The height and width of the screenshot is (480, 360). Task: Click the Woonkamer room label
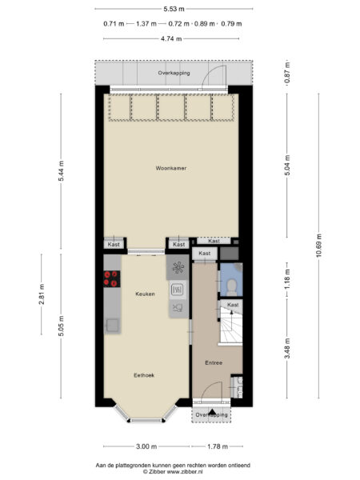pyautogui.click(x=171, y=168)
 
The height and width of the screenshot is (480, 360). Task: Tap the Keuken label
pyautogui.click(x=145, y=294)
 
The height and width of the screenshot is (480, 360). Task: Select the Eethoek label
pyautogui.click(x=144, y=375)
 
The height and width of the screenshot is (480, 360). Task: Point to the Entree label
pyautogui.click(x=214, y=362)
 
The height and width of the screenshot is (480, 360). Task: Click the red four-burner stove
pyautogui.click(x=112, y=278)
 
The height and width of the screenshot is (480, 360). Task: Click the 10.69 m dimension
pyautogui.click(x=319, y=246)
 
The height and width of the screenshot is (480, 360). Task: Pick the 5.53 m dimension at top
pyautogui.click(x=174, y=9)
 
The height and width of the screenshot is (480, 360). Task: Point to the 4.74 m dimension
pyautogui.click(x=171, y=39)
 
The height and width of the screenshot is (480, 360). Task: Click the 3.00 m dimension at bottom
pyautogui.click(x=146, y=446)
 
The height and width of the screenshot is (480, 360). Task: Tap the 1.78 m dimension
pyautogui.click(x=218, y=446)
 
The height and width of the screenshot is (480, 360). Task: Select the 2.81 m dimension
pyautogui.click(x=42, y=294)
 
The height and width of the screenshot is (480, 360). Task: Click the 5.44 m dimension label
pyautogui.click(x=62, y=171)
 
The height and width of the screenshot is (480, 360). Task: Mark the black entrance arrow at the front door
pyautogui.click(x=211, y=412)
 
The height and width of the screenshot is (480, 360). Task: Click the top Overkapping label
pyautogui.click(x=174, y=73)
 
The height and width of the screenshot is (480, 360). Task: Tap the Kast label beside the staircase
pyautogui.click(x=233, y=305)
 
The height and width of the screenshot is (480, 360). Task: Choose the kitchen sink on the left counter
pyautogui.click(x=112, y=326)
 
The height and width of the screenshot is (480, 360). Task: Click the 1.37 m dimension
pyautogui.click(x=146, y=23)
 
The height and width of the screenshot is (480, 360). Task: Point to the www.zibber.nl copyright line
pyautogui.click(x=173, y=472)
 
